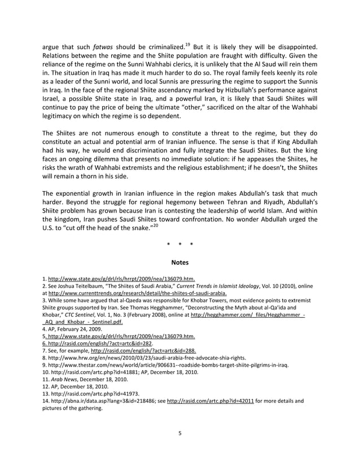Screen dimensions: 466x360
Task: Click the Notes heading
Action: click(179, 262)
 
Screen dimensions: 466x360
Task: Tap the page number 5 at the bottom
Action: click(179, 433)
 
